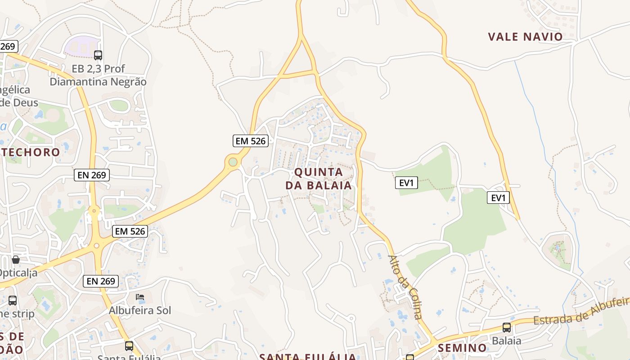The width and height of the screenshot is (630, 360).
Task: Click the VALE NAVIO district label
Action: [x=526, y=36]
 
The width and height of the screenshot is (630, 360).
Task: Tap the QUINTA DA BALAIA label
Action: [x=319, y=179]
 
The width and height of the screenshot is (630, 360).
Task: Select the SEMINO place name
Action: [x=462, y=348]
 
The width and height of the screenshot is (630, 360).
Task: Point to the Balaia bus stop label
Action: [x=507, y=341]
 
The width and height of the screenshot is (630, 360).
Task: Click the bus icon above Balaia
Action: [x=507, y=327]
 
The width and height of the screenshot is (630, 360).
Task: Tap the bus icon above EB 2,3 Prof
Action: [x=98, y=55]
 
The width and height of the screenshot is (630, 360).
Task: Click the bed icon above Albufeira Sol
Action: [x=140, y=297]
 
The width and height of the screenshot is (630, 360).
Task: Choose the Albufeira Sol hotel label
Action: [x=140, y=310]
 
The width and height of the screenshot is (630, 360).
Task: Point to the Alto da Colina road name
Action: [x=405, y=287]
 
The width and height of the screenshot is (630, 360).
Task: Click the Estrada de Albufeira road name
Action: [x=580, y=312]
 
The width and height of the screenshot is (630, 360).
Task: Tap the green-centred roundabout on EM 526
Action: [x=233, y=162]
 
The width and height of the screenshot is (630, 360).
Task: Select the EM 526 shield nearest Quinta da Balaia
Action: [x=251, y=141]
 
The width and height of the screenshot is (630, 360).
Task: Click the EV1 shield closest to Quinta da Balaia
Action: [x=406, y=183]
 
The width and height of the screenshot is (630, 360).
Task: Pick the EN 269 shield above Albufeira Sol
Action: [x=101, y=281]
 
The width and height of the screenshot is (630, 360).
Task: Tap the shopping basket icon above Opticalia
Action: [x=16, y=260]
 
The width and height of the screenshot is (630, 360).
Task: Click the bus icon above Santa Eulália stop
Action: [x=129, y=346]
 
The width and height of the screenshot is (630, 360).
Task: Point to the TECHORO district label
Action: [x=31, y=152]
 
